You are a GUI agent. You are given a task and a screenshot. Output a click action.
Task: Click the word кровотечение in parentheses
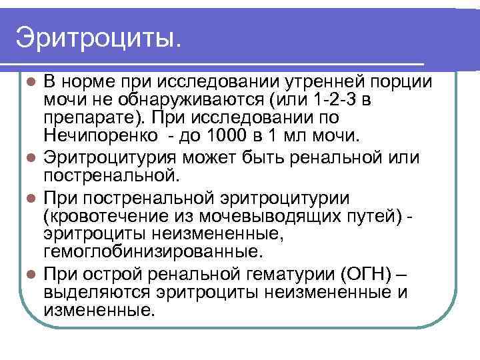click(x=105, y=217)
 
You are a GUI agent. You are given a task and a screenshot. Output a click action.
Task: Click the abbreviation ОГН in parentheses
click(x=360, y=274)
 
